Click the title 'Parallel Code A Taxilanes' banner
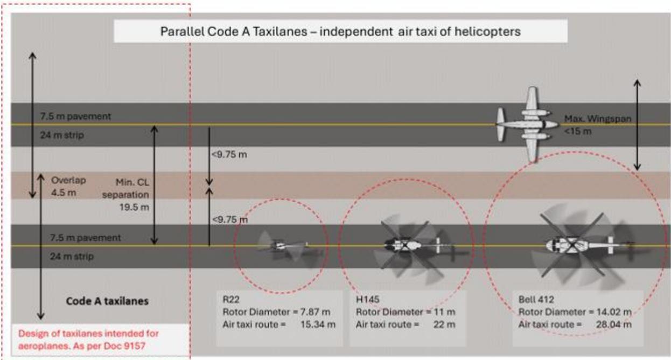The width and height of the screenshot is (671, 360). (340, 31)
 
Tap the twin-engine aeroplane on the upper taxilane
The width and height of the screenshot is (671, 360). (528, 124)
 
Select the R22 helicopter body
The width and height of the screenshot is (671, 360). (282, 246)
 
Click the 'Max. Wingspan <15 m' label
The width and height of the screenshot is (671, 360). (598, 125)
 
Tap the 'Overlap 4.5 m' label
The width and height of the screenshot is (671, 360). (68, 186)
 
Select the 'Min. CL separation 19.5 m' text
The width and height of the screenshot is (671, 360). (126, 195)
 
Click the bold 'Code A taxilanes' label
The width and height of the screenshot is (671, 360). (107, 301)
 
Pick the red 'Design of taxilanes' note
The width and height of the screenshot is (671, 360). (88, 340)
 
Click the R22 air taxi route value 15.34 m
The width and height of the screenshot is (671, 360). (318, 324)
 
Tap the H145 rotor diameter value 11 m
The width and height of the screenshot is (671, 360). (444, 311)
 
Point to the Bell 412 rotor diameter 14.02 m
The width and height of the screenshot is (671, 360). (614, 311)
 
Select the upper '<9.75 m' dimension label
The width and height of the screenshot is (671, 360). (229, 154)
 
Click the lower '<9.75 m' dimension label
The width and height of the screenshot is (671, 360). (230, 219)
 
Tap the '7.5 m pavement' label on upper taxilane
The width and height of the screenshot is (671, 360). (75, 116)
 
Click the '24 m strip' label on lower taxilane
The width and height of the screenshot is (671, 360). (72, 257)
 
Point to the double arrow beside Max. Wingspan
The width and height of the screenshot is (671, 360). (637, 125)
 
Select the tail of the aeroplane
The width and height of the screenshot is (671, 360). (500, 124)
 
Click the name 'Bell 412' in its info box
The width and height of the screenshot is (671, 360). (536, 299)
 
